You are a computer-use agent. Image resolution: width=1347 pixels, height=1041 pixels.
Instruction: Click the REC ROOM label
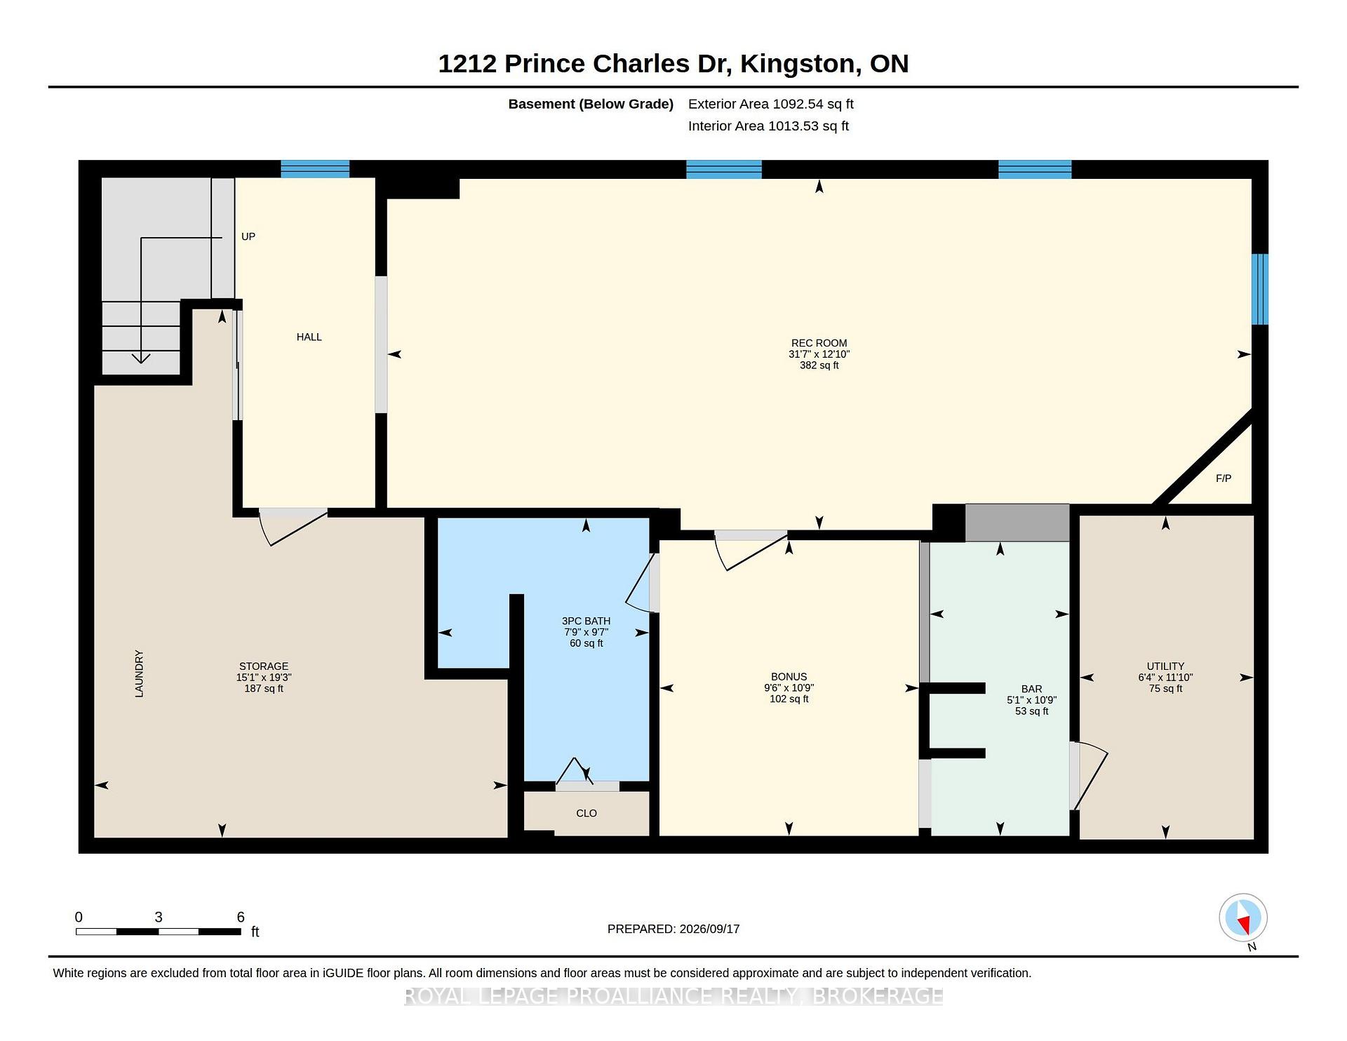(x=819, y=343)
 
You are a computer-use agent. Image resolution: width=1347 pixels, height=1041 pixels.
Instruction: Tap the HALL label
(x=309, y=337)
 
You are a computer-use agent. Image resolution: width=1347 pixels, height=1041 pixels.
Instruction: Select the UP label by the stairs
(x=248, y=236)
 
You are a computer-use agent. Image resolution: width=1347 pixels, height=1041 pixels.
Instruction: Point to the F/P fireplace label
(x=1223, y=478)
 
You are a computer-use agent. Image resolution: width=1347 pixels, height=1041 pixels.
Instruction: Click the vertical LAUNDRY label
(x=139, y=673)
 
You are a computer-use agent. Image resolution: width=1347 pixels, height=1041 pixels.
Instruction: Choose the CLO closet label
(x=587, y=813)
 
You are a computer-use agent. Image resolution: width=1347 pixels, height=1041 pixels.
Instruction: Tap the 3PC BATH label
(x=586, y=621)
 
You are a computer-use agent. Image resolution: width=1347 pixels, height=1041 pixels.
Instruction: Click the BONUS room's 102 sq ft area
(x=789, y=699)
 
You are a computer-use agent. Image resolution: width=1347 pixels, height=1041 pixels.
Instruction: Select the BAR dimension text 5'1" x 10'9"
(x=1031, y=700)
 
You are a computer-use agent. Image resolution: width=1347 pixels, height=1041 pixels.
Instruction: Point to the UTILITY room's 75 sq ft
(x=1165, y=688)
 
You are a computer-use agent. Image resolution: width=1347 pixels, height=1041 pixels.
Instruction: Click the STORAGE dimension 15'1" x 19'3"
(x=264, y=677)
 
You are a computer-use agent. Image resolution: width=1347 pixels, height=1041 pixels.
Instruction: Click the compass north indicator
(x=1243, y=918)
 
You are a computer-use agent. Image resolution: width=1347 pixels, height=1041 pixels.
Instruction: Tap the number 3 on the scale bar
(x=159, y=917)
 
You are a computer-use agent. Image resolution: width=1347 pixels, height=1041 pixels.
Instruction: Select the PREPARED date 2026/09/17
(x=709, y=929)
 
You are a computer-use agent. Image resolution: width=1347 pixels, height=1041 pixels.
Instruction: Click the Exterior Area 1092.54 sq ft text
(x=771, y=104)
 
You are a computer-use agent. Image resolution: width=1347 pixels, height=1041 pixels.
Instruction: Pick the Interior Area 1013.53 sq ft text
(x=768, y=126)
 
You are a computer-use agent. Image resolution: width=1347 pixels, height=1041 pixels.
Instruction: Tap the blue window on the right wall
(x=1260, y=289)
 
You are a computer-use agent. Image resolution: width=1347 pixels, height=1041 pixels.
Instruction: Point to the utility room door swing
(x=1089, y=776)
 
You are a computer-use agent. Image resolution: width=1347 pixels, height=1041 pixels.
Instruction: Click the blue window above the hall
(x=315, y=169)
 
